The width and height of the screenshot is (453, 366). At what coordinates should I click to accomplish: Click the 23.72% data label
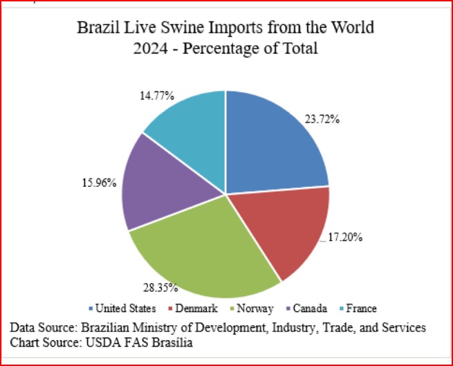(x=322, y=119)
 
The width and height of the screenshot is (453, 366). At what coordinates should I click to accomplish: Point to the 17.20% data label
(x=345, y=237)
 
